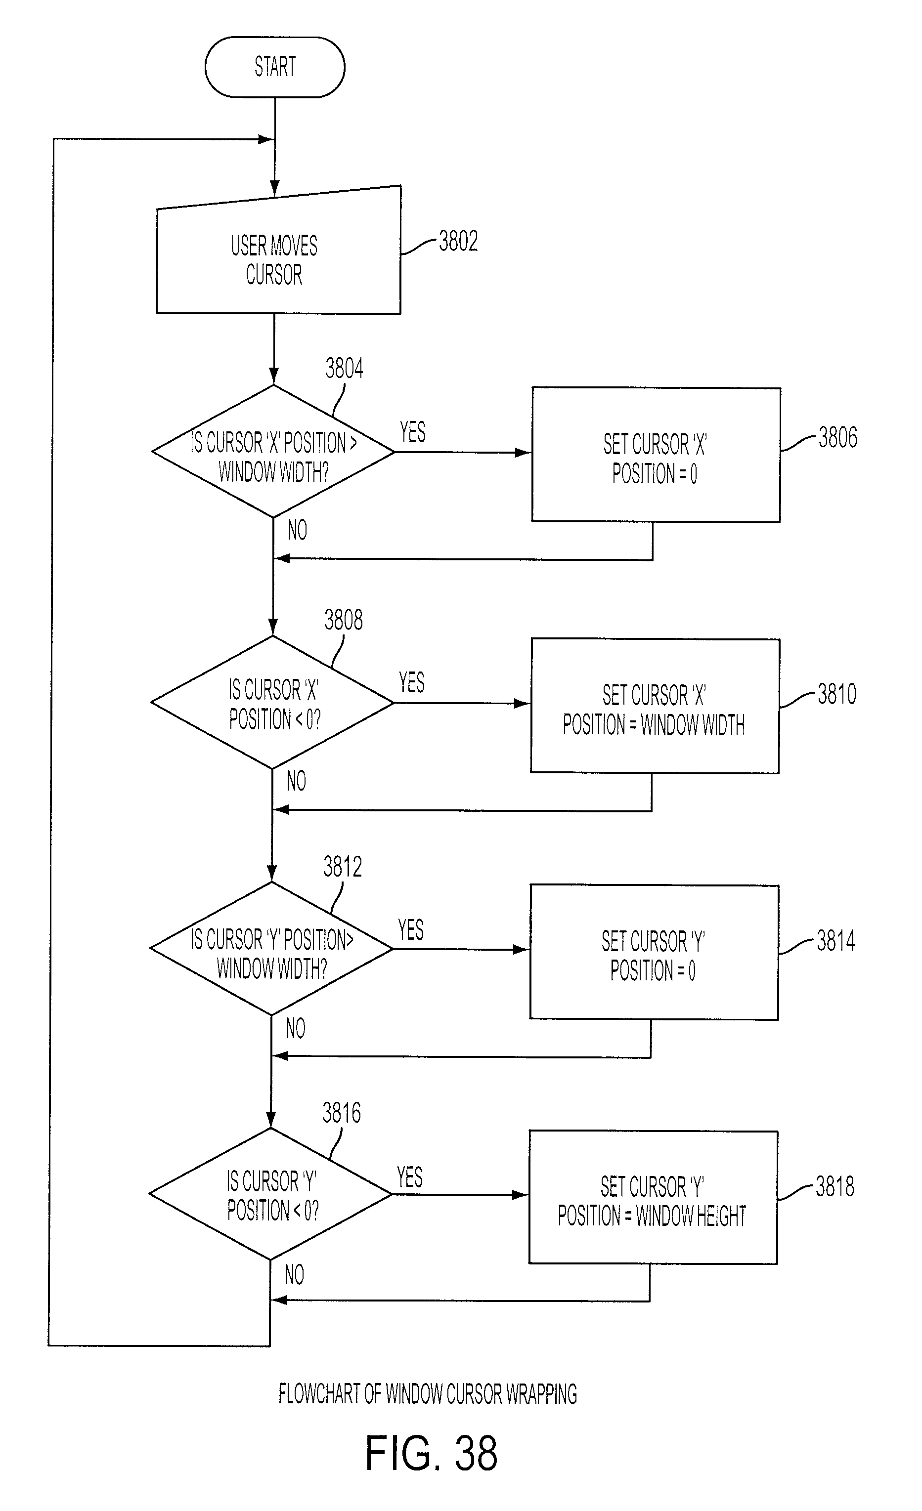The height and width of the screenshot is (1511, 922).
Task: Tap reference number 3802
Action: coord(458,242)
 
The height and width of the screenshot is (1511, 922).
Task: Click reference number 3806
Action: coord(838,438)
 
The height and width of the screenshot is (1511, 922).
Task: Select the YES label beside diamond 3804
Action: coord(412,432)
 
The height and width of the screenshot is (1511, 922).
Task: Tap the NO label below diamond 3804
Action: coord(298,530)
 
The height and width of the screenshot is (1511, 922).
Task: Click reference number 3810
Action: coord(837,694)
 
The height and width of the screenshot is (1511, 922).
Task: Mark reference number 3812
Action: coord(342,867)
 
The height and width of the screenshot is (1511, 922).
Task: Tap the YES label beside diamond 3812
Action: coord(410,929)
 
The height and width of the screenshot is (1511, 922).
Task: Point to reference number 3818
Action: coord(834,1186)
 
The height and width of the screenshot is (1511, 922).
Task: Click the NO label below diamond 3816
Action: coord(295,1275)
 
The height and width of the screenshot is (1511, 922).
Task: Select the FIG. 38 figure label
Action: coord(431,1453)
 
